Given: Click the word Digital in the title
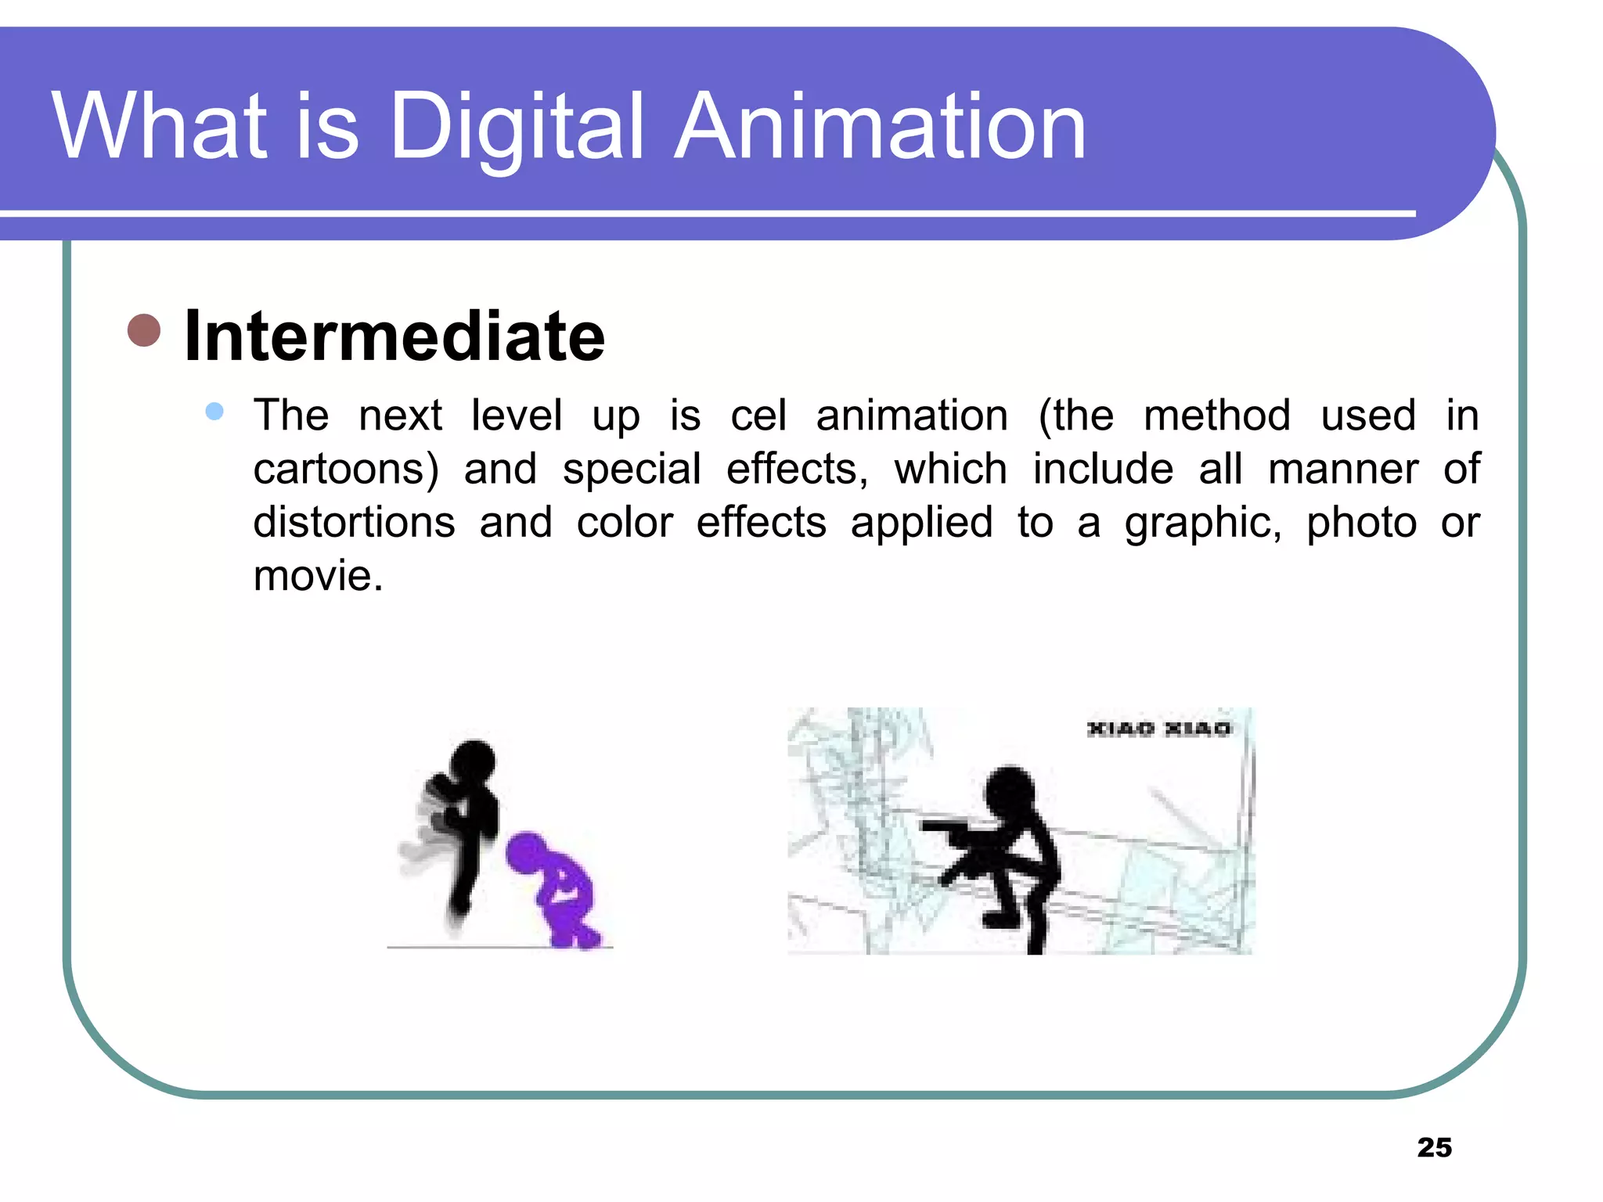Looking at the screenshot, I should click(517, 127).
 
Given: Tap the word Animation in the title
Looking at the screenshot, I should click(880, 127).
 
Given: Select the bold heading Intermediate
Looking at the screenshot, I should click(394, 336).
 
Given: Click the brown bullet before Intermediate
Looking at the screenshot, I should click(144, 330).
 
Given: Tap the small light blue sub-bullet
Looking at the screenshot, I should click(214, 411).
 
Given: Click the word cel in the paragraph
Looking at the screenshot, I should click(758, 416).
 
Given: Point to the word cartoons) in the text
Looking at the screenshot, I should click(346, 469).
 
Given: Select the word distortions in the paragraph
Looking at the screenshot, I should click(354, 522).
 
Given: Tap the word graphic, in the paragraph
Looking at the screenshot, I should click(1202, 524).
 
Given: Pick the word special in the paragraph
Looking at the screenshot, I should click(631, 470).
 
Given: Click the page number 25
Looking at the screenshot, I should click(1434, 1147).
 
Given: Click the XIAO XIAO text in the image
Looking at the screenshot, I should click(1158, 729).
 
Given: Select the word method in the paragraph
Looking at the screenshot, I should click(1216, 416).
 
